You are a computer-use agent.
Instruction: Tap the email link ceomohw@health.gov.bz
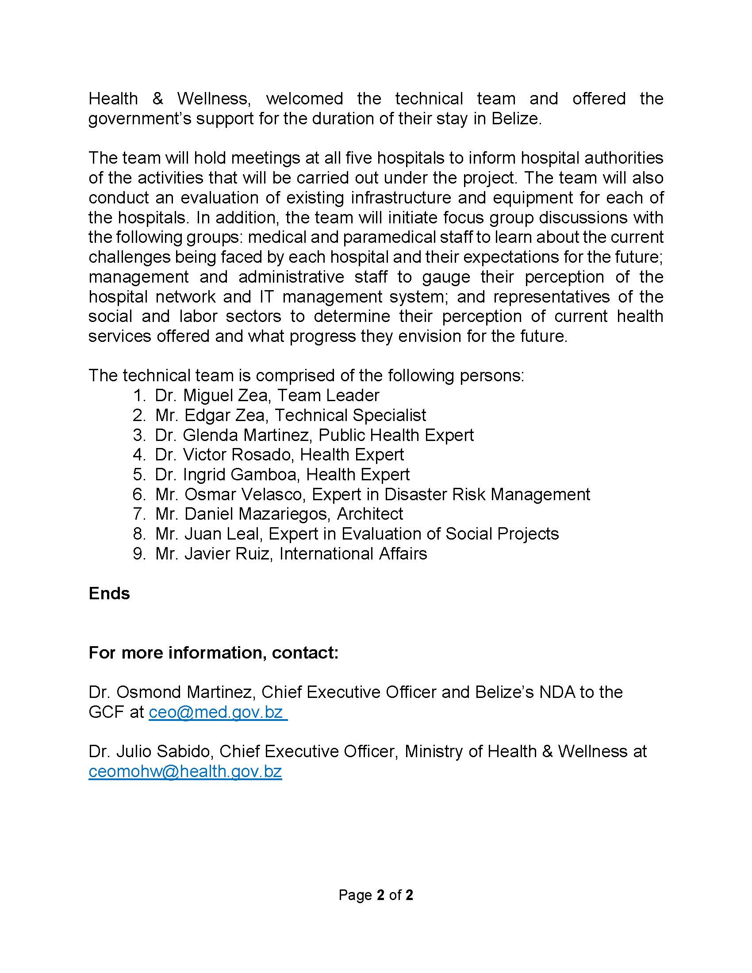point(185,772)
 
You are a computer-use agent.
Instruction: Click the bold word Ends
point(109,594)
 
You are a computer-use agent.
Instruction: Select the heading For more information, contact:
point(214,653)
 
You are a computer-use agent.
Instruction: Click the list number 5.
point(139,475)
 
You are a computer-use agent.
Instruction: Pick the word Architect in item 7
point(370,514)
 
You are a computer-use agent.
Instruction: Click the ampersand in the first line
point(157,99)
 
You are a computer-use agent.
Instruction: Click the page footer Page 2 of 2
point(376,895)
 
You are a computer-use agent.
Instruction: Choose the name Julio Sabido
point(163,751)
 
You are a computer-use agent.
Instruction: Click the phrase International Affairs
point(353,554)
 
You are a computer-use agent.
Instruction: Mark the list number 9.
point(139,554)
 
